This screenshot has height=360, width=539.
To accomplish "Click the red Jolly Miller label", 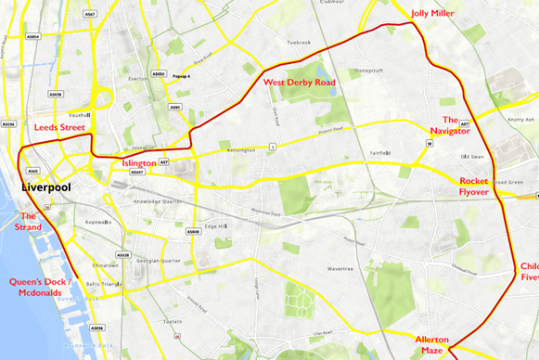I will [431, 13].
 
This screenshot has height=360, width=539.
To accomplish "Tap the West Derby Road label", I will [299, 83].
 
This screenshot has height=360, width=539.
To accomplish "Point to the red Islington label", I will [138, 162].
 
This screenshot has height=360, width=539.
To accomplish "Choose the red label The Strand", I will [28, 221].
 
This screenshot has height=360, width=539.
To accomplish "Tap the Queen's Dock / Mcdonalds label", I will [39, 287].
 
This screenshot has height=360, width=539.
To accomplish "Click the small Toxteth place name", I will [173, 321].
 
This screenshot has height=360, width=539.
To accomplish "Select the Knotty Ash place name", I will [522, 119].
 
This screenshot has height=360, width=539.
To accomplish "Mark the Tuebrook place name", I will [299, 42].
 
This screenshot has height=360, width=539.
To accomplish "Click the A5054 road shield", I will [33, 37].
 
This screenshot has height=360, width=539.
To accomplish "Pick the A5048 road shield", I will [193, 232].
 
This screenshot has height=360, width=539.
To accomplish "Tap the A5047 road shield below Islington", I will [137, 173].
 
